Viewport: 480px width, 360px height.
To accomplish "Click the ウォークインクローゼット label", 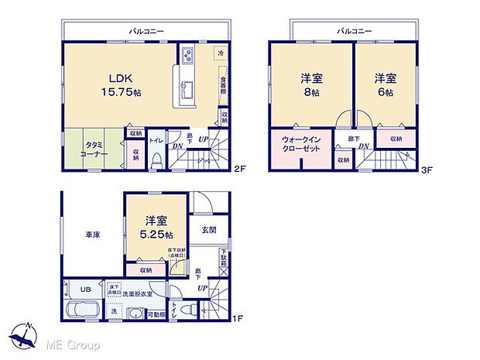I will click(300, 144).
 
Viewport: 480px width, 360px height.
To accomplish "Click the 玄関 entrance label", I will click(209, 229).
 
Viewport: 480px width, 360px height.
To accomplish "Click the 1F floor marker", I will click(240, 318).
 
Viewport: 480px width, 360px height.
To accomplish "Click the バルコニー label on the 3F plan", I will click(355, 30).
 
